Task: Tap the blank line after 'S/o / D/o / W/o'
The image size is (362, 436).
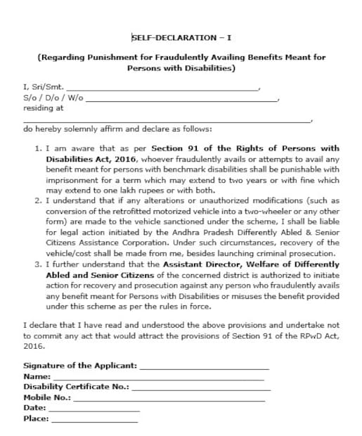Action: click(181, 100)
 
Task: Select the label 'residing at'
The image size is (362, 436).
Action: click(44, 108)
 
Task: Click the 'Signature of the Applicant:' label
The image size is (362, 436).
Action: click(80, 366)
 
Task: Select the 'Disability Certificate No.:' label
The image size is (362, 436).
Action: click(76, 387)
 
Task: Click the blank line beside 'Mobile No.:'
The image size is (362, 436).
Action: click(169, 398)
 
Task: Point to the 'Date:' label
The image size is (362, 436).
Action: click(34, 408)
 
